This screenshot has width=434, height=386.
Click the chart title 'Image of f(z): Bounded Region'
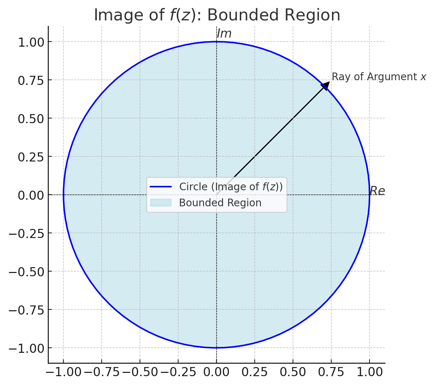click(x=217, y=15)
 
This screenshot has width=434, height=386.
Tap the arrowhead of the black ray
click(x=325, y=86)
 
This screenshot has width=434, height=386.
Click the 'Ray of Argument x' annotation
click(x=379, y=77)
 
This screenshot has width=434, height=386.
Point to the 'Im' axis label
click(x=224, y=34)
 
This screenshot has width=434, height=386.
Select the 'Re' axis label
click(x=377, y=191)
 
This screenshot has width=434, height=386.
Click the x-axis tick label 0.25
click(x=254, y=372)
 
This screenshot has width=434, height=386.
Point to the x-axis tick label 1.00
click(x=370, y=372)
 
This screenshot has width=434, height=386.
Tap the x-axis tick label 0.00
click(x=216, y=372)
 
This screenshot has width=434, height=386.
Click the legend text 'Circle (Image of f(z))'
click(x=231, y=187)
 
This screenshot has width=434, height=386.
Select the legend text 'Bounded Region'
click(x=220, y=203)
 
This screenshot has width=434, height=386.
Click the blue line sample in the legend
click(x=161, y=187)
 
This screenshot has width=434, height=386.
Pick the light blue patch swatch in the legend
click(x=161, y=203)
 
